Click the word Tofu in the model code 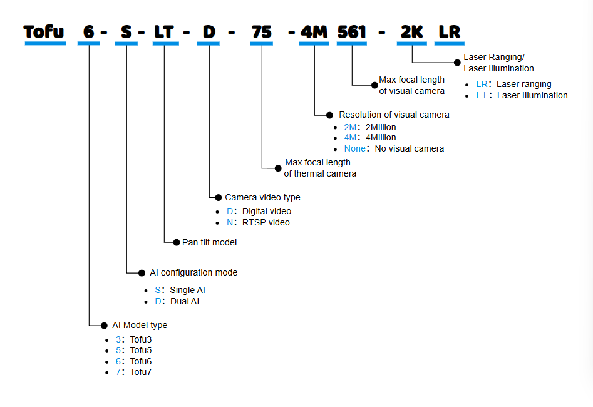pos(45,31)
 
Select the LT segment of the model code pos(163,31)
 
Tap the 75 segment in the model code pos(261,31)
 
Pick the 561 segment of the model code pos(351,31)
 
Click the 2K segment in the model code pos(412,31)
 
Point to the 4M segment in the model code pos(314,31)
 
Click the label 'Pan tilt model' pos(209,242)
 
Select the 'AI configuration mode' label pos(193,272)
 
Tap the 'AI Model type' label pos(140,325)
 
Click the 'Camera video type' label pos(262,197)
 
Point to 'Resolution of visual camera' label pos(394,115)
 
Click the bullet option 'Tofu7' pos(141,372)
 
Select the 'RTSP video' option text pos(266,222)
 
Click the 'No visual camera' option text pos(410,148)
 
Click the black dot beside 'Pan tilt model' pos(177,242)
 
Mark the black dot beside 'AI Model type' pos(104,325)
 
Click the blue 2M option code pos(350,127)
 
